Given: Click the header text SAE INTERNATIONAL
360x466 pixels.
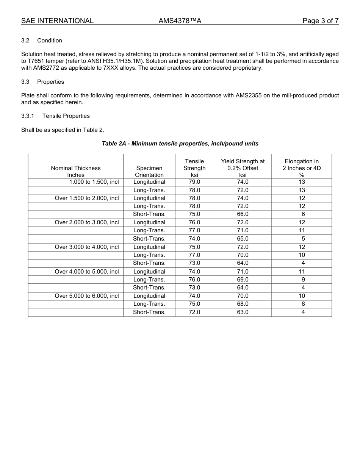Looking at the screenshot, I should [57, 21].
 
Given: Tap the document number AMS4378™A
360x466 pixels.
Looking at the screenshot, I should [180, 21].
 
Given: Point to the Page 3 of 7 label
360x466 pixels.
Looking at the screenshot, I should [320, 21].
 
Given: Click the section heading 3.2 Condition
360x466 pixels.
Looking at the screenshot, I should [42, 41].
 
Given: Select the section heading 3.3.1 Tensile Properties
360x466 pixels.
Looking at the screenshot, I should [55, 116].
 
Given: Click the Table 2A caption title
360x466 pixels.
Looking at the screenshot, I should [180, 144].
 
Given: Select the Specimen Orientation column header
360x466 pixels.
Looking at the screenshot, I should [149, 171].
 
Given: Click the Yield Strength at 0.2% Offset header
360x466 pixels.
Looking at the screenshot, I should [243, 168].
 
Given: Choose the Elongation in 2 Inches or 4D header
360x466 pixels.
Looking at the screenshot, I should [302, 168].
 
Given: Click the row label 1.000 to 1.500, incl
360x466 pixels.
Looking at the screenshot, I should [94, 182].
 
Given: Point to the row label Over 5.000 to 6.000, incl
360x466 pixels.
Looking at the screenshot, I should [87, 296].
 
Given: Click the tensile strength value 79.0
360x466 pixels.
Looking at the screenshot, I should [194, 182].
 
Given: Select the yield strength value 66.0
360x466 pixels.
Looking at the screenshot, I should [243, 214].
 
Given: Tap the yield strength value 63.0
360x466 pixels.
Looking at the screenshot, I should [243, 312].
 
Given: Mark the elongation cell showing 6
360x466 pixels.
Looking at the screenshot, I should [303, 214].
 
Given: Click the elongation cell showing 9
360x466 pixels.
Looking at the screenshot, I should [303, 280].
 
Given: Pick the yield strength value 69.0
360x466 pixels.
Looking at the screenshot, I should [243, 280].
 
